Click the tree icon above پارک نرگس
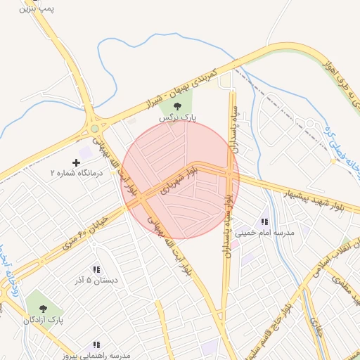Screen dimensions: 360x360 click(176, 106)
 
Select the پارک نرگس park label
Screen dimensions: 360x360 click(176, 119)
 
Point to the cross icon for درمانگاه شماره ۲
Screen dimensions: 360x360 click(77, 163)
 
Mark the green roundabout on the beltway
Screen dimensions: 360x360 click(94, 129)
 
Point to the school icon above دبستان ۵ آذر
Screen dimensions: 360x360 click(96, 269)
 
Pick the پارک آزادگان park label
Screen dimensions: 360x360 click(43, 320)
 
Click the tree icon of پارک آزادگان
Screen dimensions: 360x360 click(43, 308)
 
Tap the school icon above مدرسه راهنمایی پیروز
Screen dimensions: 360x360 click(96, 345)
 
